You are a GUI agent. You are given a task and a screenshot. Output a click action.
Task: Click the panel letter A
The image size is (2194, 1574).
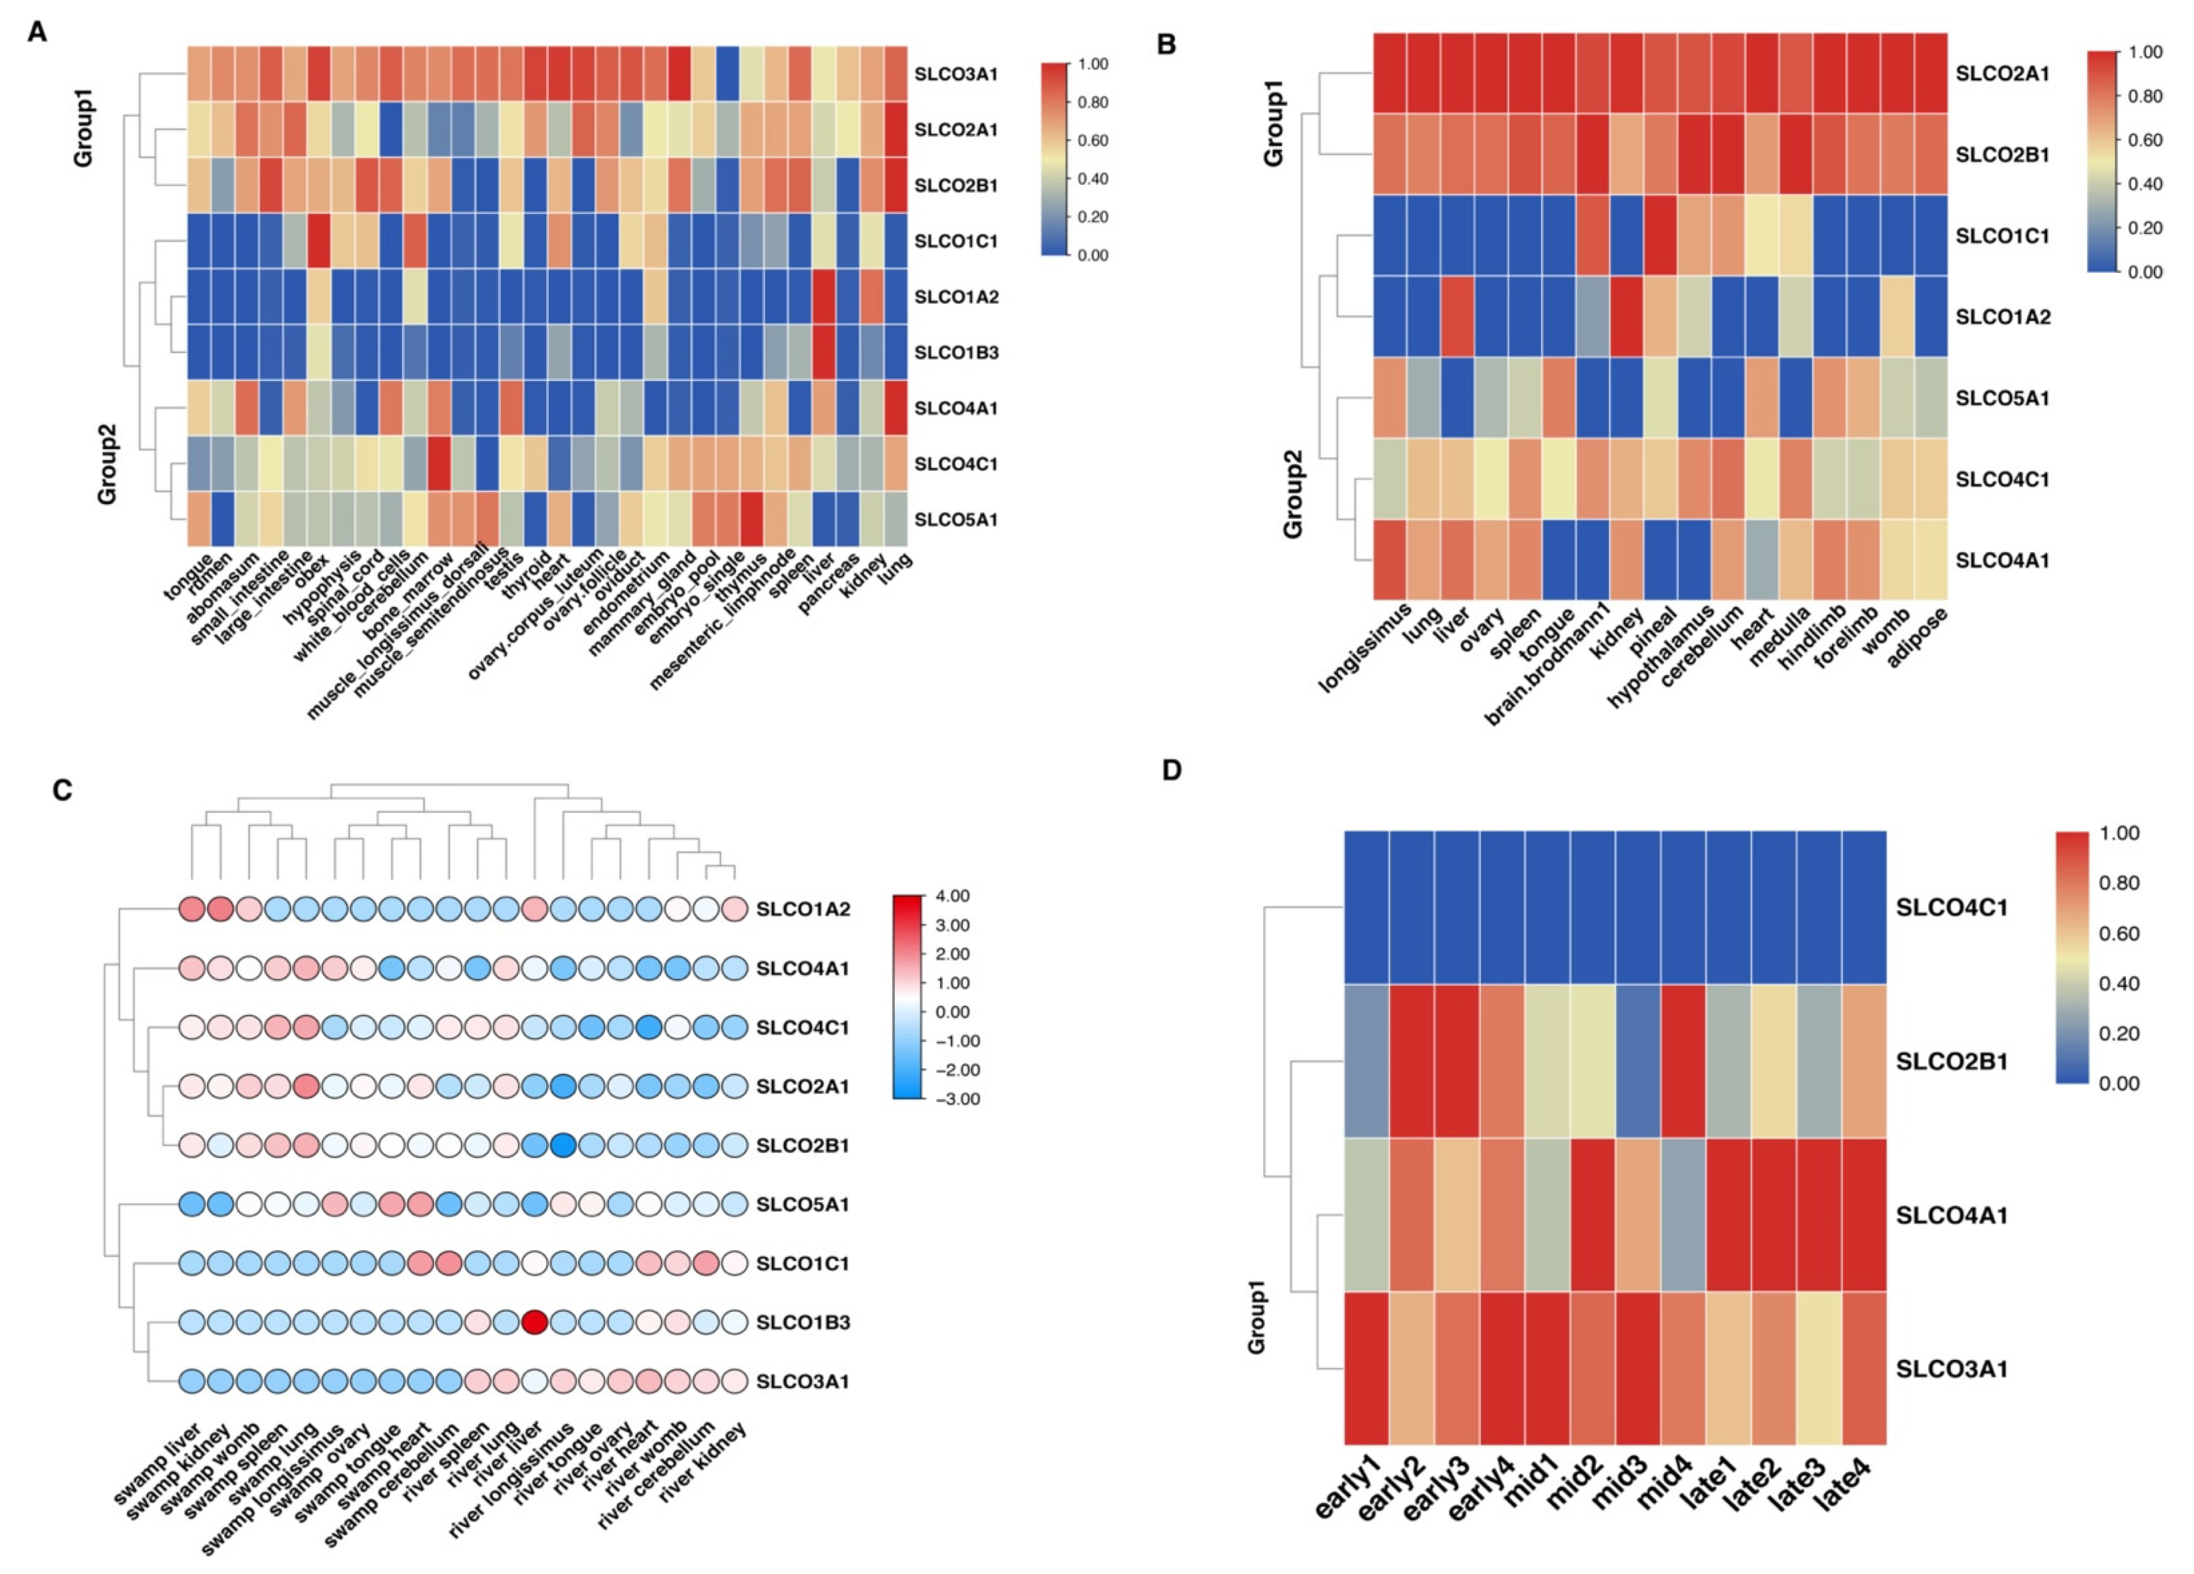(37, 32)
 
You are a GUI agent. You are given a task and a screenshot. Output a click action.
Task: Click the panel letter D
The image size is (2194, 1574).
(1172, 770)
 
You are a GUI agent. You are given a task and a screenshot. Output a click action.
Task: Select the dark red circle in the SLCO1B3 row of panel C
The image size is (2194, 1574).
(534, 1321)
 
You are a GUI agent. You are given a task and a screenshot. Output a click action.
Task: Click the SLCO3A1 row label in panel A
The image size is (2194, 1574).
(956, 74)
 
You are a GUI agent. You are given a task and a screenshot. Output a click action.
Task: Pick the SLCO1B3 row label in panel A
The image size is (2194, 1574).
(956, 352)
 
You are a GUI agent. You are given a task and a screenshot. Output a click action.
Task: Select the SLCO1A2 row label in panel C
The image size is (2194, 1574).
(803, 909)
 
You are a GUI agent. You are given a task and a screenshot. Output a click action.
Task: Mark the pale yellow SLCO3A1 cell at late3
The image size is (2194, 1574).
(1819, 1368)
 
